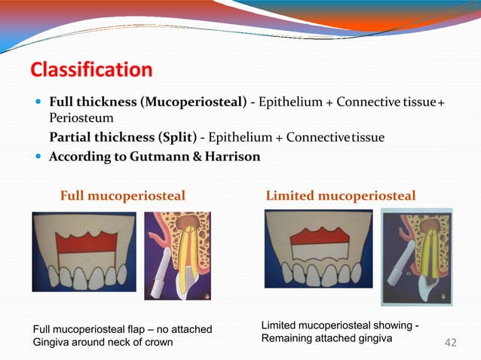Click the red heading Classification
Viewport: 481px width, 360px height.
tap(91, 71)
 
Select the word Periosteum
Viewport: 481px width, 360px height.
tap(81, 119)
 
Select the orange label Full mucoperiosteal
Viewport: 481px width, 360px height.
tap(122, 197)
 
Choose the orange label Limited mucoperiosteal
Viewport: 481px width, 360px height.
tap(340, 197)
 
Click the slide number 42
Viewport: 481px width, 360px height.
tap(451, 344)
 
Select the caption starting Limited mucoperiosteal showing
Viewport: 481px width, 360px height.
tap(339, 331)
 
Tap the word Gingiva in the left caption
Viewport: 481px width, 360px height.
tap(54, 343)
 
